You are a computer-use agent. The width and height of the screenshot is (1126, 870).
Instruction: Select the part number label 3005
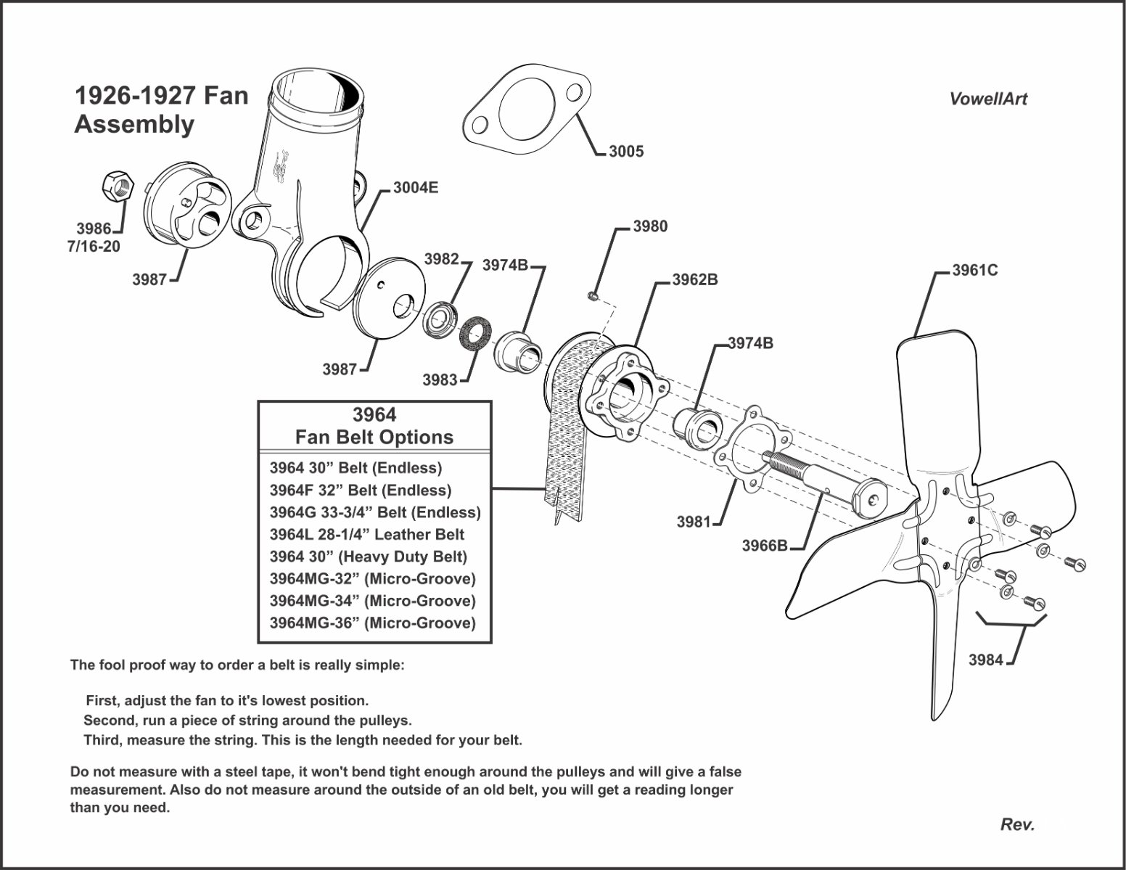[625, 152]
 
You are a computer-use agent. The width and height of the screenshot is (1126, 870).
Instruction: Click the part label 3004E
[416, 188]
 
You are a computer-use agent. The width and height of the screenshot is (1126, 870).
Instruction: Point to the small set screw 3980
[593, 295]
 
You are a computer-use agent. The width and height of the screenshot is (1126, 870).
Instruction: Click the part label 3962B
[694, 279]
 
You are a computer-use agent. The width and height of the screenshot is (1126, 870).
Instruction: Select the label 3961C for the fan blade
[974, 270]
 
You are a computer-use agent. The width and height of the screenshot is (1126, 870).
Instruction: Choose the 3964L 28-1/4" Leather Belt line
[366, 535]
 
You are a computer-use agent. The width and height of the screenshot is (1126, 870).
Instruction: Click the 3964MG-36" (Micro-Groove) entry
[372, 623]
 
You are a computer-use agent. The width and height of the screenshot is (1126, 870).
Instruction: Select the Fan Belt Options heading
[374, 438]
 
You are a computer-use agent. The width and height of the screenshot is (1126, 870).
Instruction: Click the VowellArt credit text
[987, 99]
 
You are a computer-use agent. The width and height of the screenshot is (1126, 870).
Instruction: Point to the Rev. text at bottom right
[1017, 824]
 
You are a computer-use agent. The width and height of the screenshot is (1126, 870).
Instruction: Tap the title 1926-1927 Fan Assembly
[161, 110]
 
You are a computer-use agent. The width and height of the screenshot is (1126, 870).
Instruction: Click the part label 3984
[986, 660]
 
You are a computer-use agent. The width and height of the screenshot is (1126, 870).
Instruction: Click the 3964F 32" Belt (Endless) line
[360, 491]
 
